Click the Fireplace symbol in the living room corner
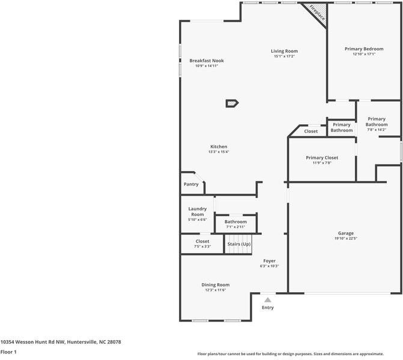pyautogui.click(x=316, y=13)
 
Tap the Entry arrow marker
pyautogui.click(x=268, y=299)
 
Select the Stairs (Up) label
pyautogui.click(x=239, y=244)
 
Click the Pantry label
pyautogui.click(x=190, y=184)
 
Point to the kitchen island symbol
pyautogui.click(x=232, y=103)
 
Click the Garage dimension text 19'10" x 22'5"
pyautogui.click(x=345, y=238)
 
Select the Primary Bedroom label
pyautogui.click(x=364, y=49)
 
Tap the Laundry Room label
pyautogui.click(x=198, y=211)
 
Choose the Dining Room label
pyautogui.click(x=215, y=285)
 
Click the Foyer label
pyautogui.click(x=270, y=260)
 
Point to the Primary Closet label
pyautogui.click(x=322, y=158)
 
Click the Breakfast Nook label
pyautogui.click(x=207, y=61)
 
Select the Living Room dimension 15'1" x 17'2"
pyautogui.click(x=284, y=56)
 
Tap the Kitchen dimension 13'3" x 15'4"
pyautogui.click(x=219, y=152)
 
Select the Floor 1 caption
pyautogui.click(x=8, y=352)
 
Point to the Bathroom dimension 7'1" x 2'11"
pyautogui.click(x=235, y=227)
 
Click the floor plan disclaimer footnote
pyautogui.click(x=298, y=353)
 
